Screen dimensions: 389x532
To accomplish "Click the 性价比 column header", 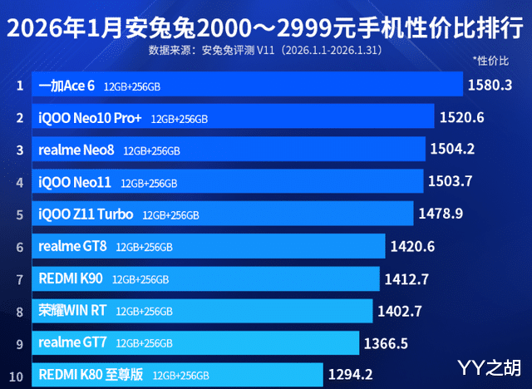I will pyautogui.click(x=490, y=62).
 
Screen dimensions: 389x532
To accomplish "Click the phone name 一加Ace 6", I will pyautogui.click(x=67, y=86).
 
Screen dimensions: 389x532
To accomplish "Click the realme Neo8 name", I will pyautogui.click(x=76, y=150).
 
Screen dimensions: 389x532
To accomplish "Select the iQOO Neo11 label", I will pyautogui.click(x=75, y=182).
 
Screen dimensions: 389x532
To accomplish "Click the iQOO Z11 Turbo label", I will pyautogui.click(x=86, y=214).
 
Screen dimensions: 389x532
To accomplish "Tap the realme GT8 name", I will pyautogui.click(x=72, y=246).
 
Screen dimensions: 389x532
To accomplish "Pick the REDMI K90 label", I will pyautogui.click(x=71, y=278).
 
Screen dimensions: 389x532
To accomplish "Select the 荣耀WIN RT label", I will pyautogui.click(x=72, y=311).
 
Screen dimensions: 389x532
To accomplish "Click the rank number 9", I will pyautogui.click(x=18, y=342).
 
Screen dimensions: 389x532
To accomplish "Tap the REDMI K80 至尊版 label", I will pyautogui.click(x=91, y=374).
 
